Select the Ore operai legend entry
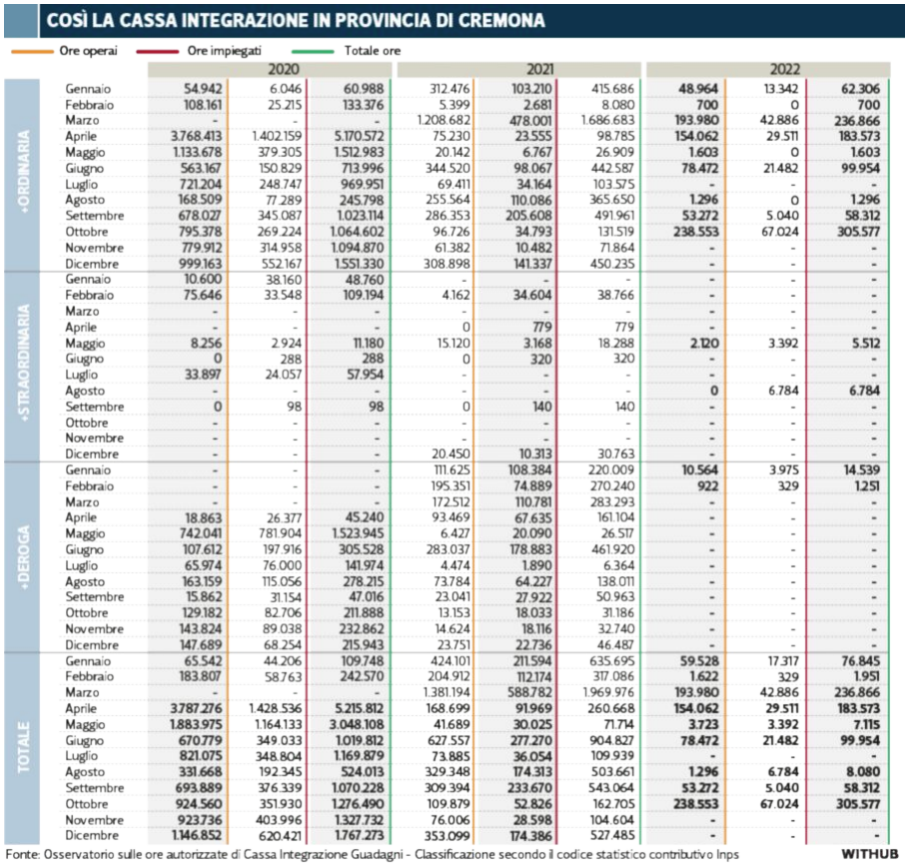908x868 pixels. coord(64,51)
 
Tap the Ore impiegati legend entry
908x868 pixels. coord(199,51)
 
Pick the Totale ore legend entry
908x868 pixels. coord(346,51)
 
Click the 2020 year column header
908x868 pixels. coord(284,70)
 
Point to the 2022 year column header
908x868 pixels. coord(785,70)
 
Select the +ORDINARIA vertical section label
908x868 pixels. coord(24,172)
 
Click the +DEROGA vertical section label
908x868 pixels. coord(24,557)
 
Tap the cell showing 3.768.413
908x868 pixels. coord(196,137)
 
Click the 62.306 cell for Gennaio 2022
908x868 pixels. coord(860,89)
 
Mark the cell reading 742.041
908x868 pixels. coord(201,534)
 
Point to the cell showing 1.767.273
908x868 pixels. coord(359,836)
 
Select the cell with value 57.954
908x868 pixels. coord(365,376)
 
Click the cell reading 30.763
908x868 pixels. coord(615,454)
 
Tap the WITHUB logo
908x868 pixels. coord(870,854)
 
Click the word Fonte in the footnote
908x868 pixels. coord(22,855)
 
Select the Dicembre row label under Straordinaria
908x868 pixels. coord(92,454)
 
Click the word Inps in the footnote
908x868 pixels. coord(727,855)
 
